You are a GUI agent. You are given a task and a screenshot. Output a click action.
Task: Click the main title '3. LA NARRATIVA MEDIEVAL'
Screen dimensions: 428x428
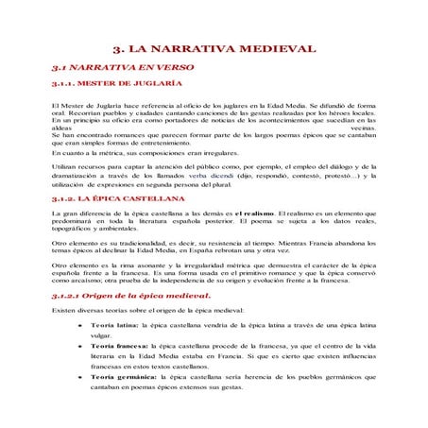point(213,48)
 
